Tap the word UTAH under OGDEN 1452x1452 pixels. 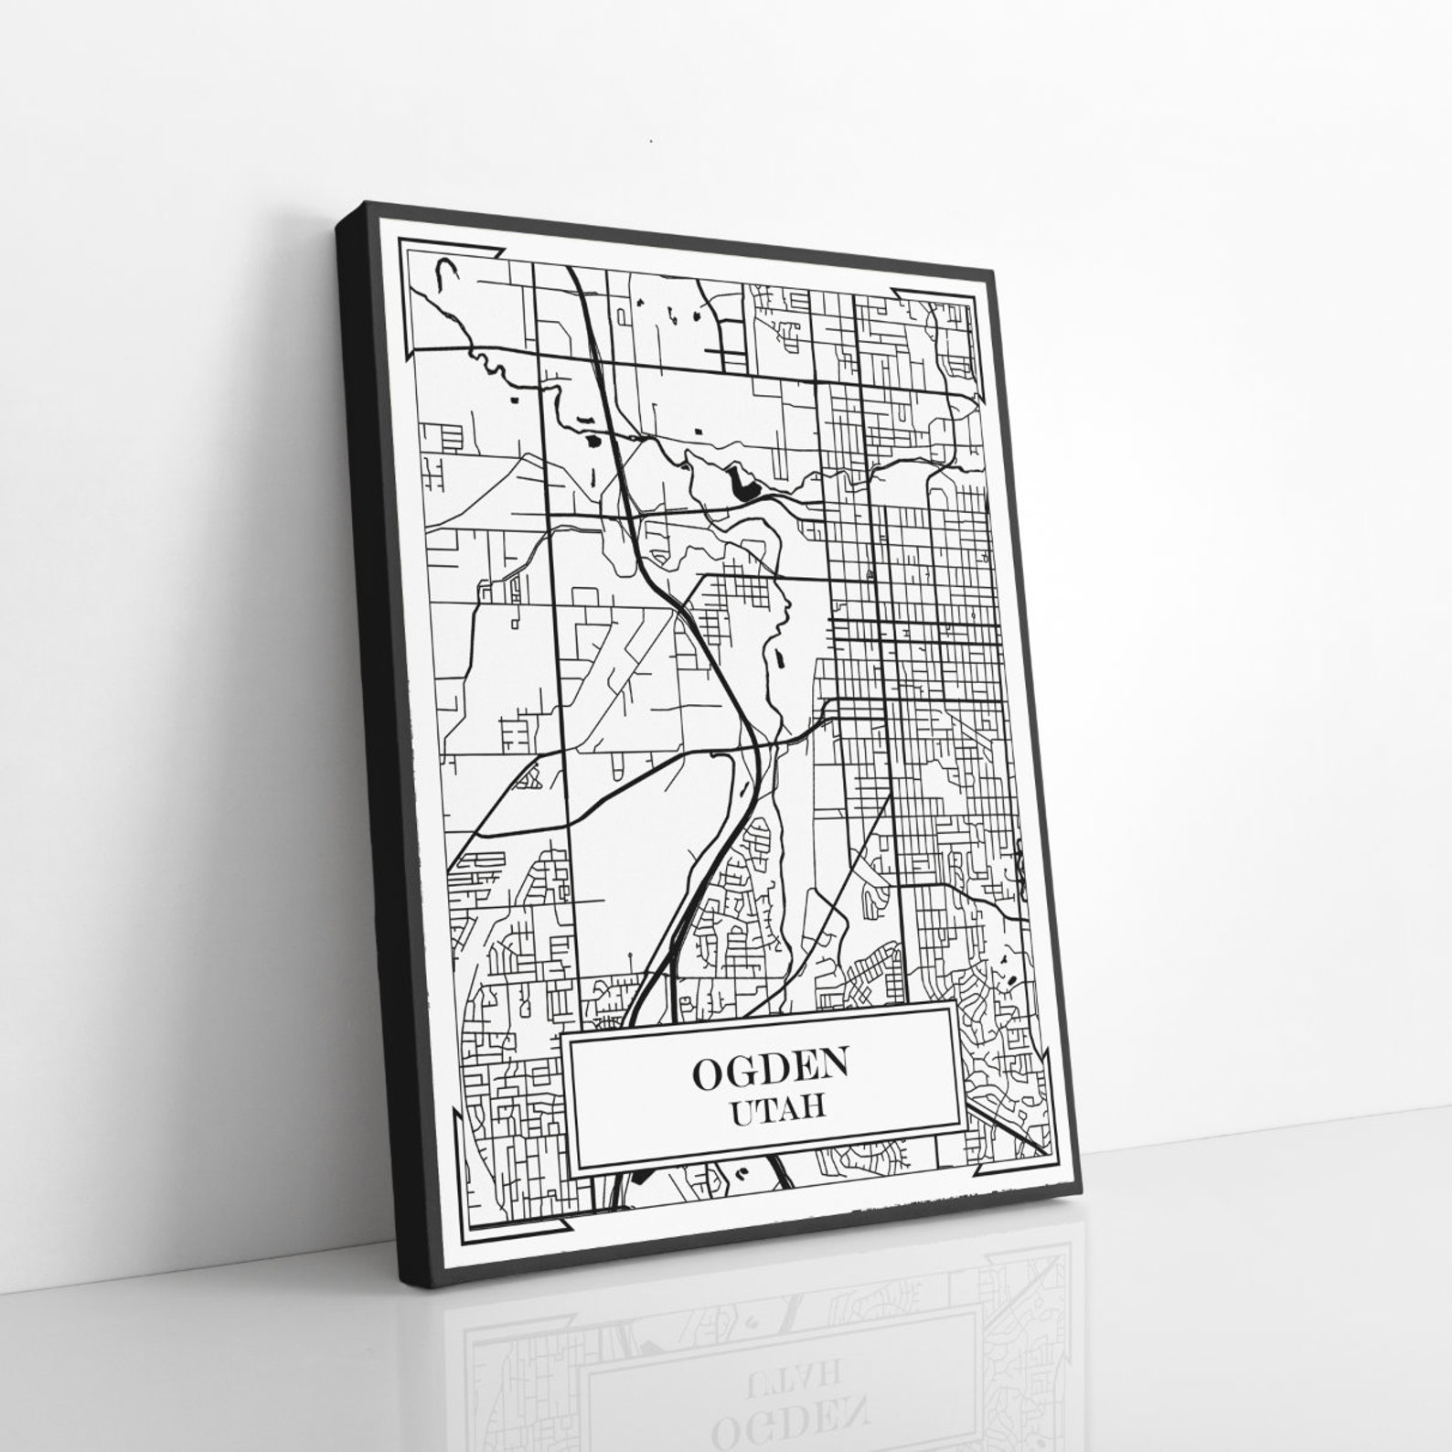coord(778,1109)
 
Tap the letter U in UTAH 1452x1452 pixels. coord(743,1112)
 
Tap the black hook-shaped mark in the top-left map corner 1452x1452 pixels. coord(445,272)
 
